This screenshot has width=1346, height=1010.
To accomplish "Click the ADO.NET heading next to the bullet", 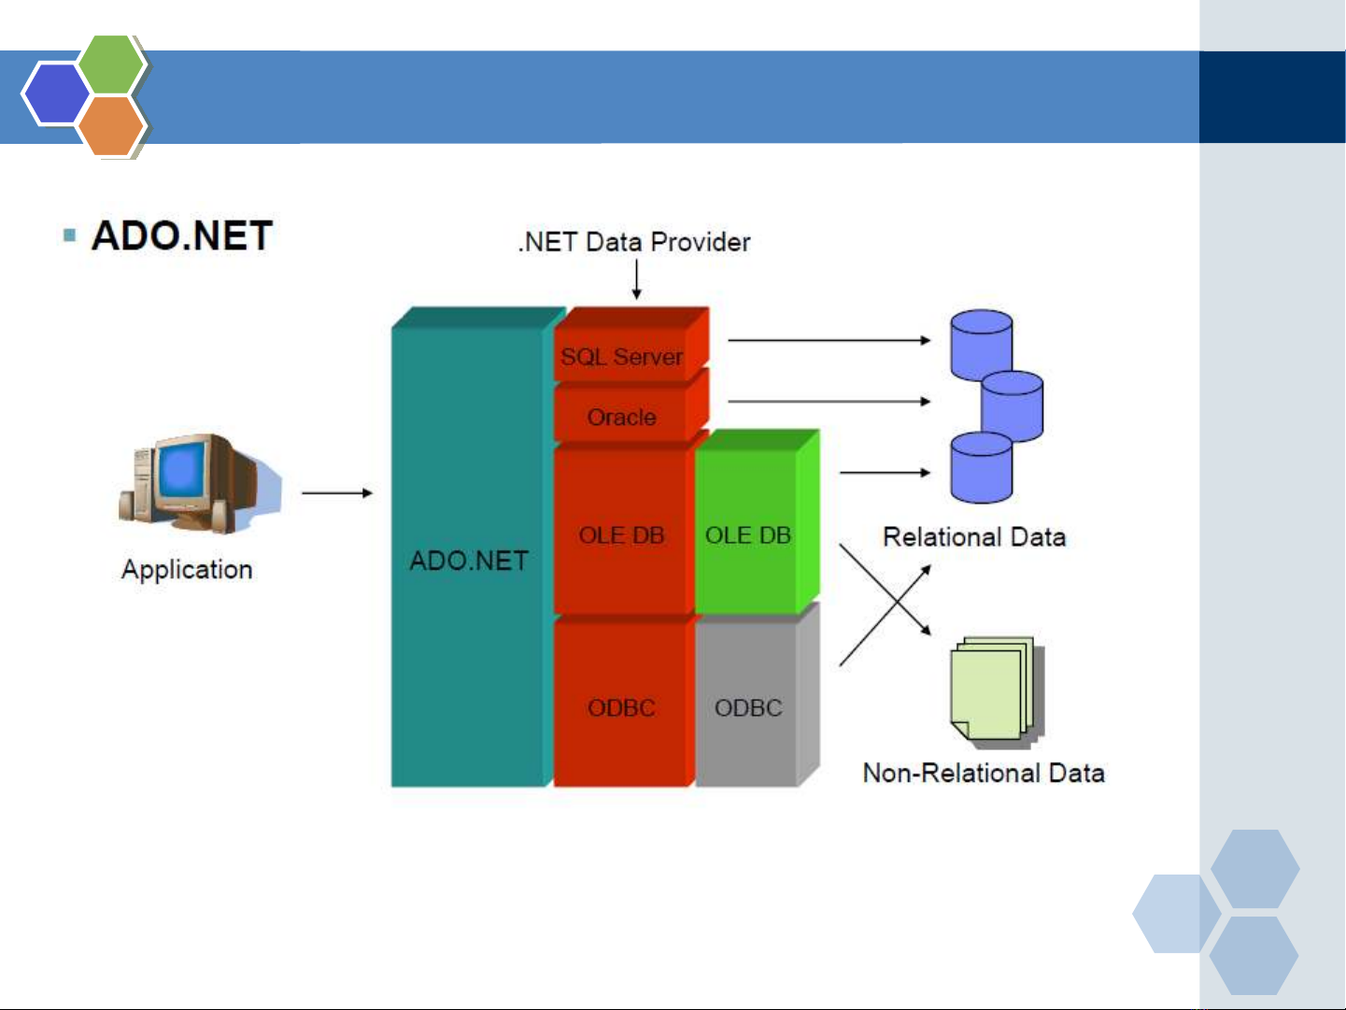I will [x=182, y=235].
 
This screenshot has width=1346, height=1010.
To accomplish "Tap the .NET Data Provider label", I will [x=634, y=242].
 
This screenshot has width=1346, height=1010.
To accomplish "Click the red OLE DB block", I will [x=621, y=534].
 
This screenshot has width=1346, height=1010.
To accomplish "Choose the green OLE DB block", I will [x=747, y=534].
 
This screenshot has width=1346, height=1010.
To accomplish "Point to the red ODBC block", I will [x=621, y=707].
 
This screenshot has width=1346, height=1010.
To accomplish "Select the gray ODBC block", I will [x=748, y=707].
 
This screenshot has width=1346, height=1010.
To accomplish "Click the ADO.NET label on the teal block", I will [x=469, y=561].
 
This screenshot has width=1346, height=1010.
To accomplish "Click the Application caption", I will [x=187, y=569].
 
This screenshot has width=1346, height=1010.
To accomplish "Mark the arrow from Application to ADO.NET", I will [x=337, y=492].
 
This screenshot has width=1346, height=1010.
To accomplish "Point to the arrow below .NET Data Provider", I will [x=637, y=279].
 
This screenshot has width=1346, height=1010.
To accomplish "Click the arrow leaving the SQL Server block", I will [x=829, y=340].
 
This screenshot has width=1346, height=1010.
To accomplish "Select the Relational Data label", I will [x=974, y=537].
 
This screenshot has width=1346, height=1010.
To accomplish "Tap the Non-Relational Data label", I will [x=984, y=773].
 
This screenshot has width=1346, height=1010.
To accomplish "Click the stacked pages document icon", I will [x=995, y=692].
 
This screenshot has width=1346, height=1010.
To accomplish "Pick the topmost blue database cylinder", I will [x=981, y=344].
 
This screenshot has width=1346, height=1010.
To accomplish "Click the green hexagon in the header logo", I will [x=111, y=64].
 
